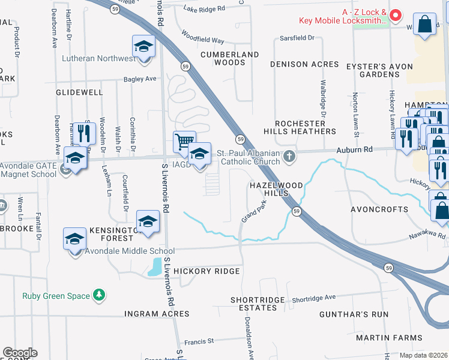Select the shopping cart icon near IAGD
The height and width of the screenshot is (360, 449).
pyautogui.click(x=184, y=142)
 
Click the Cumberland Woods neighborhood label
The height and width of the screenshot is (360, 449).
pyautogui.click(x=229, y=58)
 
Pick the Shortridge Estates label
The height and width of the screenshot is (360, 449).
pyautogui.click(x=255, y=304)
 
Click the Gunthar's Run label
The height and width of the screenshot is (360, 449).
pyautogui.click(x=363, y=314)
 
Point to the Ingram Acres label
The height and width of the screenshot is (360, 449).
pyautogui.click(x=157, y=314)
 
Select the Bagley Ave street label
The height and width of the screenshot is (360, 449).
pyautogui.click(x=140, y=79)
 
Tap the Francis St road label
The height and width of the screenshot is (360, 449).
pyautogui.click(x=199, y=341)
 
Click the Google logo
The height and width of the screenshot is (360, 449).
pyautogui.click(x=20, y=353)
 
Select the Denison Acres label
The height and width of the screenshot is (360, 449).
pyautogui.click(x=305, y=64)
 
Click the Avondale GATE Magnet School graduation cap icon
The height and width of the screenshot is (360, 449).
pyautogui.click(x=75, y=158)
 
